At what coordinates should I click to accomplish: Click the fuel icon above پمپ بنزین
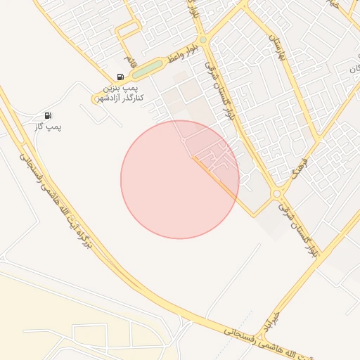coord(120,77)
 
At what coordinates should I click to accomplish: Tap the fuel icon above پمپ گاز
coord(47,115)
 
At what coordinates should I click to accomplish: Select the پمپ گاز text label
coord(49,127)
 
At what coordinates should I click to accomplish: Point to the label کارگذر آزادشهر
coord(120,97)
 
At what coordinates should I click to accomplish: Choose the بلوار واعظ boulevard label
coord(181,53)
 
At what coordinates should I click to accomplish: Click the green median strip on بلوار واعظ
coord(147,70)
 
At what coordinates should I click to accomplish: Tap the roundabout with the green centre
coord(202,41)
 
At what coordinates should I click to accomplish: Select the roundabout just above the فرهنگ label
coord(277,193)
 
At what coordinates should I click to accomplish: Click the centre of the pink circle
coord(180,179)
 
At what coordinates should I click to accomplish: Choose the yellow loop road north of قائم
coord(129,30)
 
